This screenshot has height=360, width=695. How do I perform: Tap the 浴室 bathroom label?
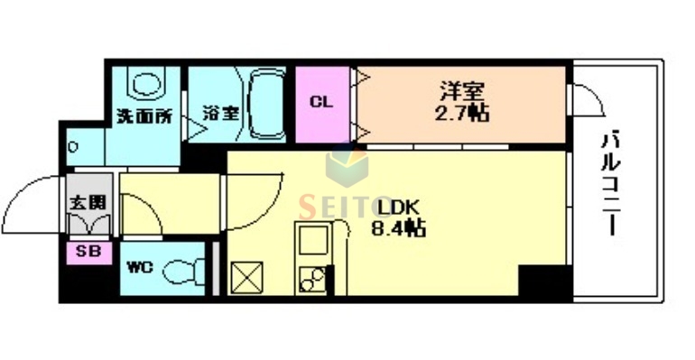(x=220, y=115)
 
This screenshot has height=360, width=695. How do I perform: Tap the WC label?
(x=140, y=268)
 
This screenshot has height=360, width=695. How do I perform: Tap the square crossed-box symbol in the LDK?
(x=246, y=276)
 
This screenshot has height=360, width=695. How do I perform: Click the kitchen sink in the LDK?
(x=312, y=241)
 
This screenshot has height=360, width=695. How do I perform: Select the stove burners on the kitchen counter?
(x=312, y=280)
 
